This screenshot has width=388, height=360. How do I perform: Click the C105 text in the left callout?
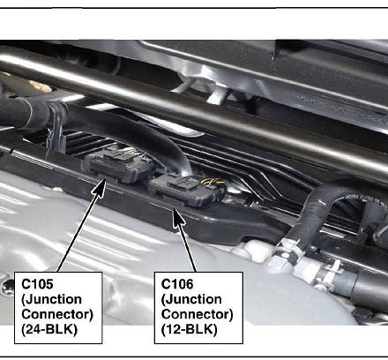tap(37, 284)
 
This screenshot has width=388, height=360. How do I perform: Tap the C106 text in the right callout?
tap(177, 284)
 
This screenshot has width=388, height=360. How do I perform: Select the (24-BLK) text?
tap(49, 329)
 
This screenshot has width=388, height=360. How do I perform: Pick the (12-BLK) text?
tap(189, 329)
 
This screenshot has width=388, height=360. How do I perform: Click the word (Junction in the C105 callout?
tap(52, 299)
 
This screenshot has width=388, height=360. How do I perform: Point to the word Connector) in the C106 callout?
tap(197, 314)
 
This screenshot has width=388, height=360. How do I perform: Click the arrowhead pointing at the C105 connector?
tap(100, 187)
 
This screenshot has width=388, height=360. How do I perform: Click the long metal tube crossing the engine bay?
tap(194, 113)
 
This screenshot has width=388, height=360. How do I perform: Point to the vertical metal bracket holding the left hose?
tap(56, 130)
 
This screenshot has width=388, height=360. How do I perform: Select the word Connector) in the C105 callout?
tap(57, 314)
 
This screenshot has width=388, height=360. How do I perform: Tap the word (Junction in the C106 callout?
tap(191, 299)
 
